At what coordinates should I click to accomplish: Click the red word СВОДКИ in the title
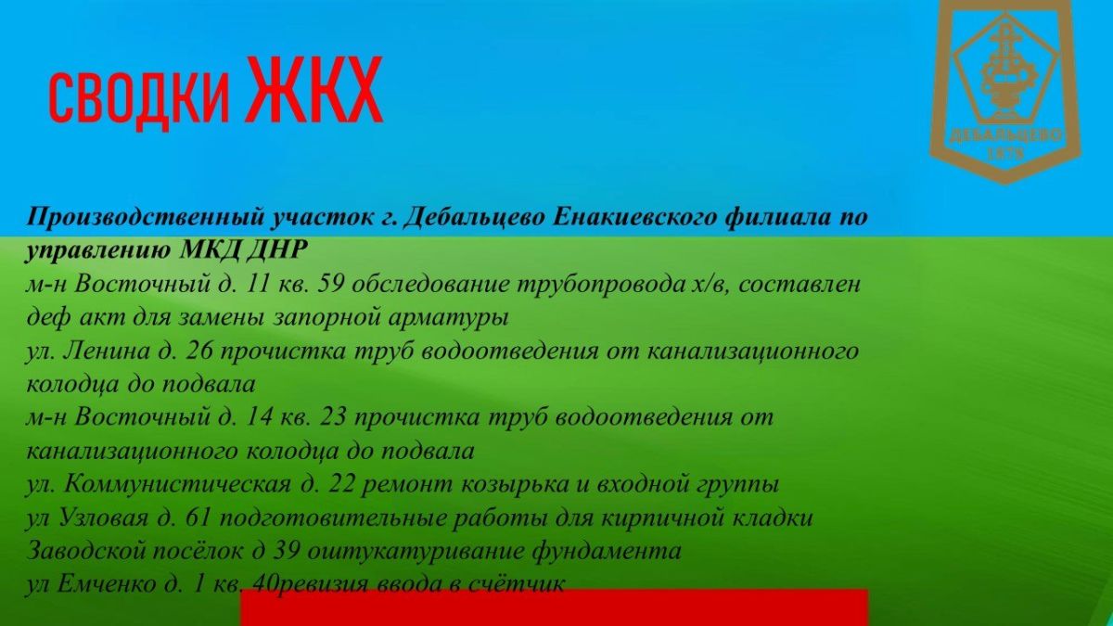pos(139,98)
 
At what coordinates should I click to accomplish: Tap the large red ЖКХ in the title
pos(313,90)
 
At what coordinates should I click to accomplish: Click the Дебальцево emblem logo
pos(1005,92)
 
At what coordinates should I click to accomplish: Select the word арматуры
pos(448,318)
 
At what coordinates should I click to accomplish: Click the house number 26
pos(199,351)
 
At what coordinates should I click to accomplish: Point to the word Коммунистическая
pos(178,484)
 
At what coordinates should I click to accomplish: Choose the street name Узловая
pos(103,517)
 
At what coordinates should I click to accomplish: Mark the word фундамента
pos(606,551)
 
